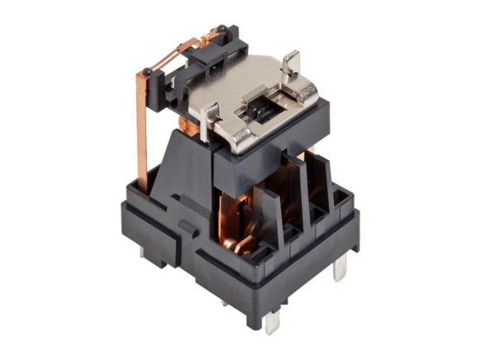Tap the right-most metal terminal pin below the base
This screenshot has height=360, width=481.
(x=341, y=268)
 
